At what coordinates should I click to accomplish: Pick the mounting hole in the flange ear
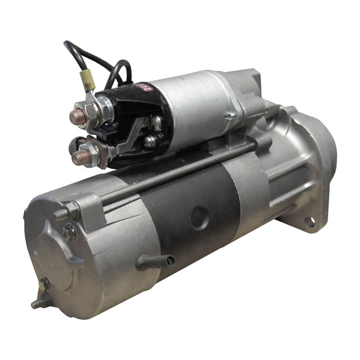coord(309,222)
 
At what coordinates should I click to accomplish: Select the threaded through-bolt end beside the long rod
coord(64,214)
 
